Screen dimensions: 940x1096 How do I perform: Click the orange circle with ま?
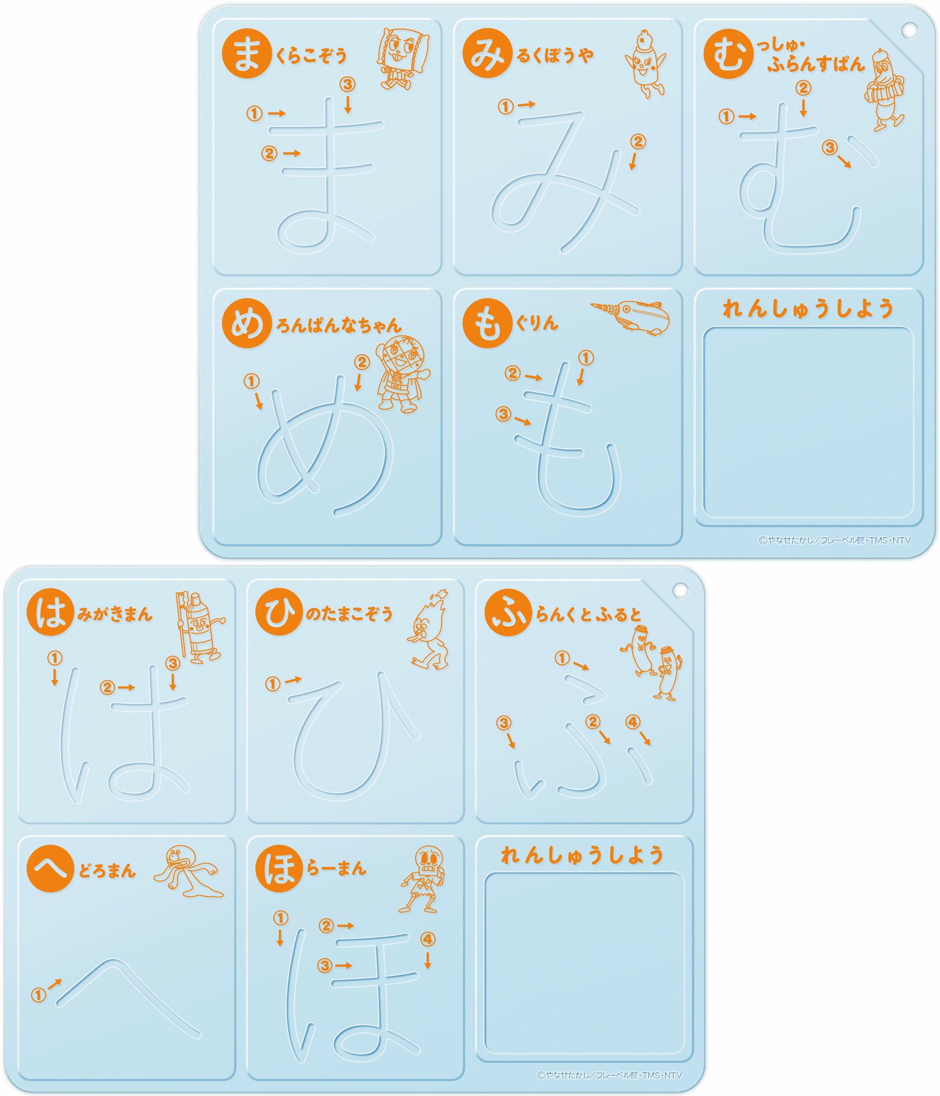tap(246, 54)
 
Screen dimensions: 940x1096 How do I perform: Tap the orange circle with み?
tap(487, 54)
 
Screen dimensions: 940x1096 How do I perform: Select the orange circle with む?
tap(728, 54)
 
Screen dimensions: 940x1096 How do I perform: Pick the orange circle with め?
tap(246, 324)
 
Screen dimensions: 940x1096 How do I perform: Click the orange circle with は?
tap(50, 612)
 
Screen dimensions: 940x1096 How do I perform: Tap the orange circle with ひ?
tap(279, 612)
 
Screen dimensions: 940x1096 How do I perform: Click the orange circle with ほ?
tap(279, 868)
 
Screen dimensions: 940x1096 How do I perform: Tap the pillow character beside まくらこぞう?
tap(403, 58)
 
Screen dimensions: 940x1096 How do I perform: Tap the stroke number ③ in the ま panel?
tap(348, 84)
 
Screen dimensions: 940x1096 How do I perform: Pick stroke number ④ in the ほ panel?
tap(427, 939)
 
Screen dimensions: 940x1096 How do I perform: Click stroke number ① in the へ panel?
tap(38, 996)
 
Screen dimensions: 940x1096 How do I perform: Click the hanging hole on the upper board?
tap(909, 30)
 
